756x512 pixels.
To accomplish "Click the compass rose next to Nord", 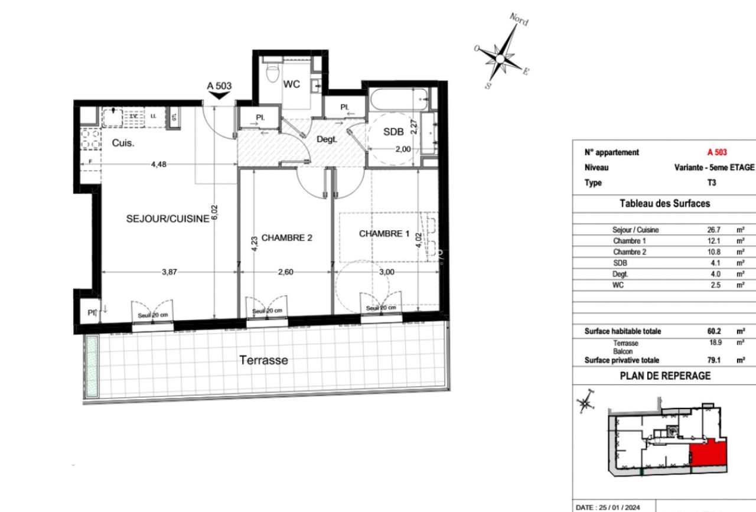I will coord(500,58).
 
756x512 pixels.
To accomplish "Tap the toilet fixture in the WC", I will coord(272,74).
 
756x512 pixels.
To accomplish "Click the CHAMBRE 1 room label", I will coord(384,234).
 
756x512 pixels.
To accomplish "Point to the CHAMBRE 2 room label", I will coord(286,238).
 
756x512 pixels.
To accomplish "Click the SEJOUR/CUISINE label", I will coord(168,219).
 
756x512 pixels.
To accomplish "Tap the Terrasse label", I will coord(263,360).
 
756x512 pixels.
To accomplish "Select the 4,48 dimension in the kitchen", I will coord(158,165).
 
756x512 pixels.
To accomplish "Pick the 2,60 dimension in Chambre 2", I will coord(286,272).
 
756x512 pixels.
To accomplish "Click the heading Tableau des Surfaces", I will coord(664,203).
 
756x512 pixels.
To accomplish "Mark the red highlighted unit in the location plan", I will coord(707,454).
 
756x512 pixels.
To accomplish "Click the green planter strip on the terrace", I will coord(92,366).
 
